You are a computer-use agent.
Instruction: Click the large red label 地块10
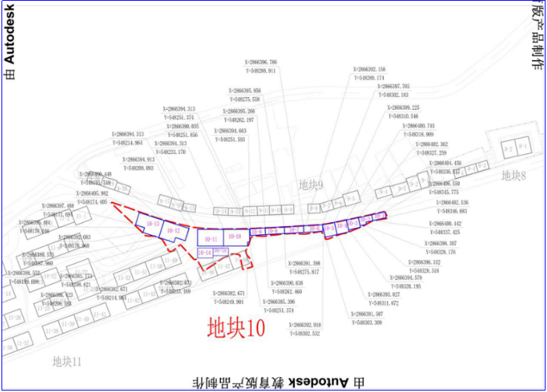point(236,327)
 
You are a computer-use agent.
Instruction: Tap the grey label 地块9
point(311,184)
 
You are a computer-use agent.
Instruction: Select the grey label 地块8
point(513,176)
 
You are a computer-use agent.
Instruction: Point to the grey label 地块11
point(67,362)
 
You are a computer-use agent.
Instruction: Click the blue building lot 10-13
point(153,223)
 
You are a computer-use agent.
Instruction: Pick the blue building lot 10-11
point(210,239)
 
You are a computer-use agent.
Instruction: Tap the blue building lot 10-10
point(234,236)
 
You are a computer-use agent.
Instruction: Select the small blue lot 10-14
point(205,253)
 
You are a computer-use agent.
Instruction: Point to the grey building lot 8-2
point(508,149)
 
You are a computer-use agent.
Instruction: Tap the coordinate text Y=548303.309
point(368,323)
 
